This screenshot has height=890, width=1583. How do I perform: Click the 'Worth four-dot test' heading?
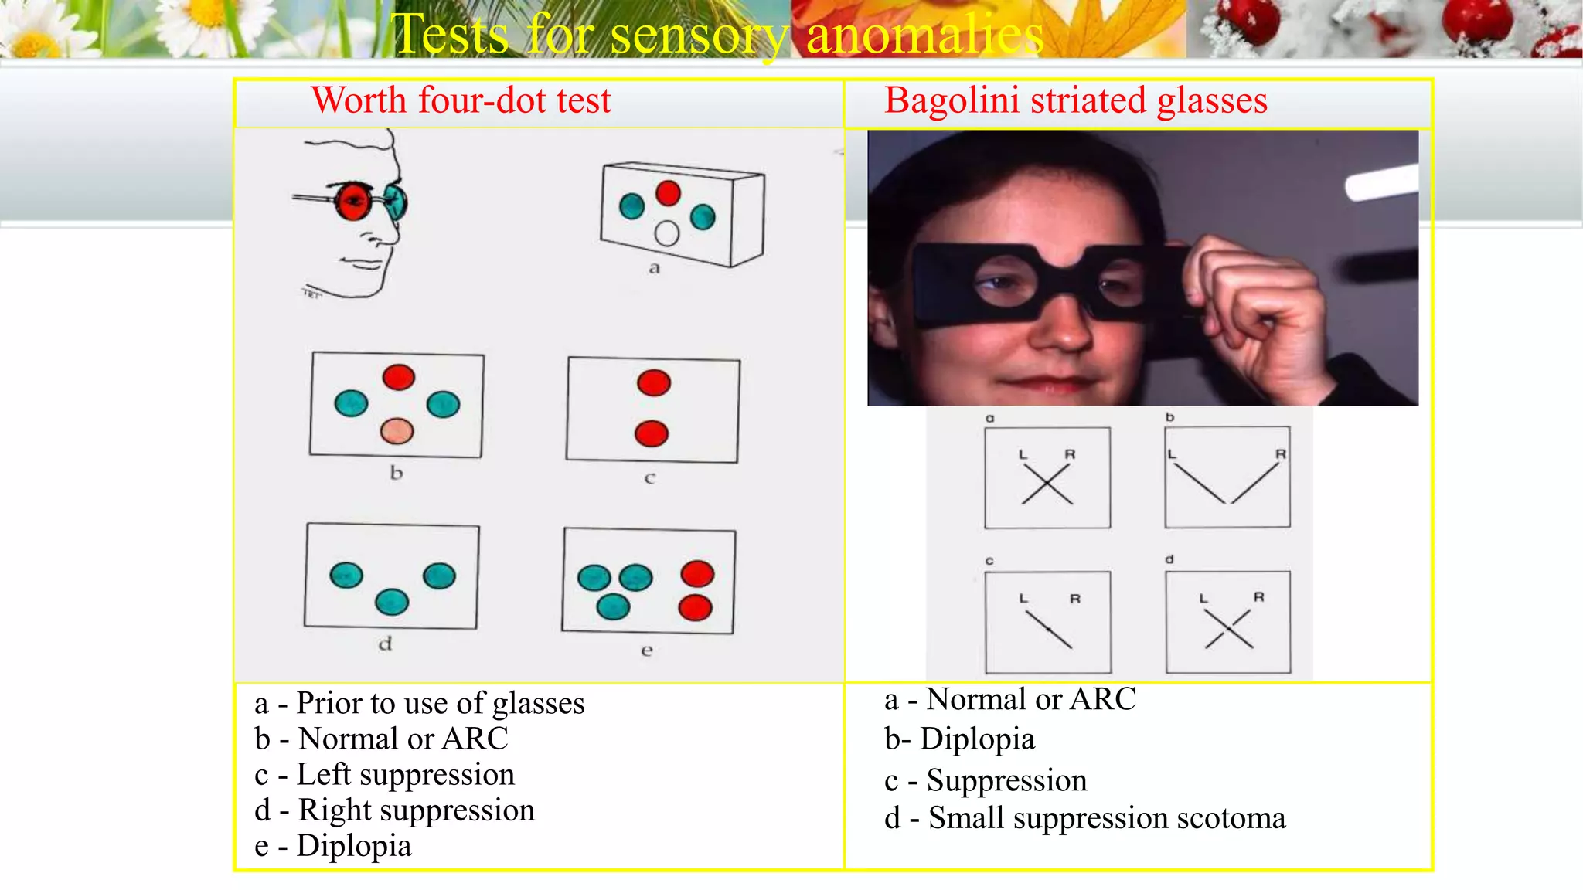click(x=461, y=100)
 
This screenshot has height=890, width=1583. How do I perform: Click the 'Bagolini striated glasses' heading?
click(x=1075, y=100)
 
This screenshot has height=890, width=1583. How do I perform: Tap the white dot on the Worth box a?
click(x=666, y=233)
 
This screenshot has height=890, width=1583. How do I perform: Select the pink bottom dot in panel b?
click(x=397, y=431)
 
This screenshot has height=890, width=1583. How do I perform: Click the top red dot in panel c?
click(x=654, y=382)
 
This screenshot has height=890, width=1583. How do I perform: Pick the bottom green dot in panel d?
click(x=392, y=602)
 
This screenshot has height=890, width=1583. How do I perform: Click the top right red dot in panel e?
click(x=697, y=574)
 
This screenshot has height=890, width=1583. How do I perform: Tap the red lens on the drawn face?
click(x=352, y=201)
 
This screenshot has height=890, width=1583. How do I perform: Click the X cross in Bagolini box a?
click(x=1047, y=485)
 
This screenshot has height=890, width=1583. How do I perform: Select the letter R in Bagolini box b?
click(x=1280, y=454)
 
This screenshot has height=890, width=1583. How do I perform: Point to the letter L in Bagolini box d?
click(x=1203, y=599)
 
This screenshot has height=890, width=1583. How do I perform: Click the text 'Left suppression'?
click(x=405, y=774)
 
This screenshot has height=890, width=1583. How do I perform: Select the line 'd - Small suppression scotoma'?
click(x=1084, y=817)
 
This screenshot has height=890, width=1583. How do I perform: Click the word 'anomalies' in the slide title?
click(x=924, y=35)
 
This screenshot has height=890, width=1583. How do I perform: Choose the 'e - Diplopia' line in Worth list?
click(x=333, y=845)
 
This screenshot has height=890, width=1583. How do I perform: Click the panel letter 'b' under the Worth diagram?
click(x=397, y=473)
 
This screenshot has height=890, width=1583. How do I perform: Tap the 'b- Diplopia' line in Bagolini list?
click(x=959, y=739)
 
